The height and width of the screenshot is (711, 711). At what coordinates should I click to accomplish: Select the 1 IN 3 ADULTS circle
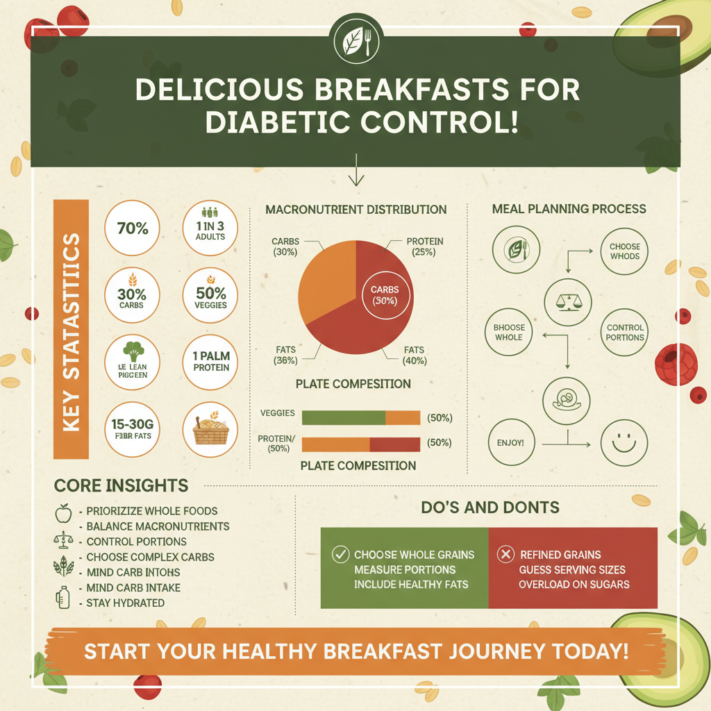[x=210, y=228]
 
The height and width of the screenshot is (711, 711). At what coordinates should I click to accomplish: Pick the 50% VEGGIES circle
[x=210, y=297]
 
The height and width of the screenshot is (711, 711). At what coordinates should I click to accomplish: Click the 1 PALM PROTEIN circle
[x=210, y=361]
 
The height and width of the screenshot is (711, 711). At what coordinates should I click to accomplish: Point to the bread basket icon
[x=210, y=429]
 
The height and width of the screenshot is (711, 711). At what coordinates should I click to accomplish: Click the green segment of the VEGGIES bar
[x=343, y=417]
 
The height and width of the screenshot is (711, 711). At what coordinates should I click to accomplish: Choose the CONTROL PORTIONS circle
[x=625, y=333]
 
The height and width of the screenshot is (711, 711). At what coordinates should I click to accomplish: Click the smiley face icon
[x=624, y=442]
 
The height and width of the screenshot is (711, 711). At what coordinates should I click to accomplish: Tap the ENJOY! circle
[x=511, y=442]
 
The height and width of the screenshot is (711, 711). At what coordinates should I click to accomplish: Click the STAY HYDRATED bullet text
[x=125, y=603]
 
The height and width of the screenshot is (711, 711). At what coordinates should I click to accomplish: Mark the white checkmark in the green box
[x=340, y=554]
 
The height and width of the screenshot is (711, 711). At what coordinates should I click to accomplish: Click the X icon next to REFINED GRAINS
[x=506, y=554]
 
